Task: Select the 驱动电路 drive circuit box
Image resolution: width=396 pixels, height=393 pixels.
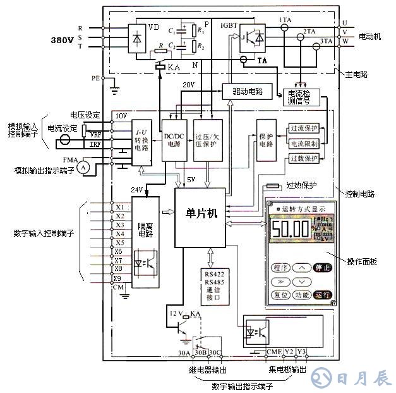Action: tap(243, 91)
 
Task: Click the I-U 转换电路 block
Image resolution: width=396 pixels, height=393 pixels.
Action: tap(141, 140)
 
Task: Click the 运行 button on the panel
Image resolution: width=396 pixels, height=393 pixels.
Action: tap(322, 295)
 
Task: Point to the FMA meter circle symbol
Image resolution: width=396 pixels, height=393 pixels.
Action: tap(82, 166)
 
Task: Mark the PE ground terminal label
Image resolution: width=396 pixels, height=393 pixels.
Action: tap(95, 78)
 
